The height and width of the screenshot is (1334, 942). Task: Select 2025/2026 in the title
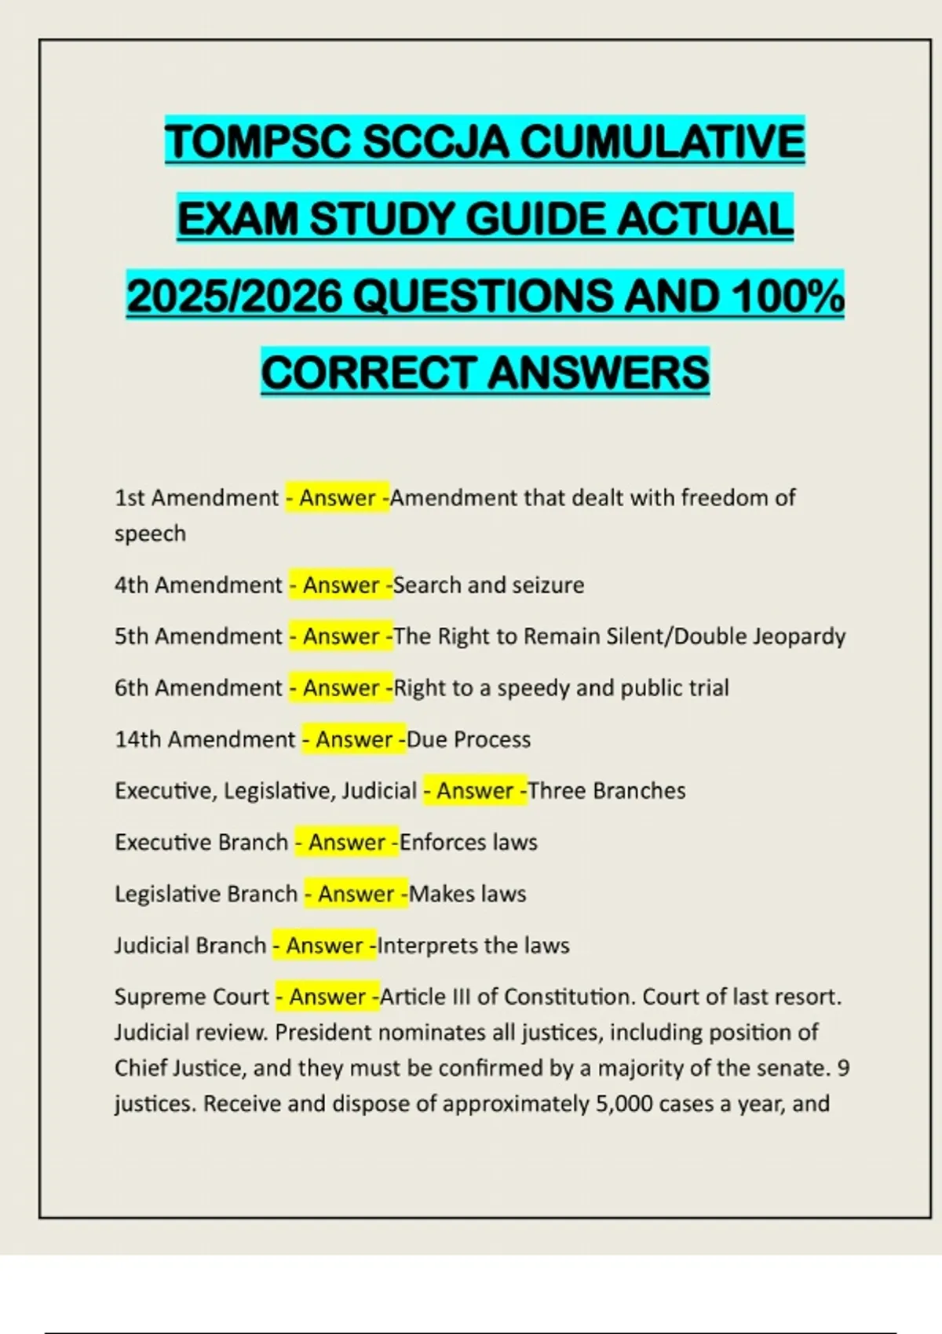point(235,296)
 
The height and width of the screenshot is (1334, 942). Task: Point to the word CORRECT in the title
point(369,372)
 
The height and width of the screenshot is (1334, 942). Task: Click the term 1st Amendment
point(196,498)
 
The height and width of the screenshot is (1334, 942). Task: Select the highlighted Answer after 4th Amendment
point(341,585)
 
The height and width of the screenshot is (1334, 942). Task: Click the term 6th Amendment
point(198,687)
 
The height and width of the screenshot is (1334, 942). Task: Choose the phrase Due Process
point(469,739)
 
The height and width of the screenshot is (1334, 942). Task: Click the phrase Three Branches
point(607,790)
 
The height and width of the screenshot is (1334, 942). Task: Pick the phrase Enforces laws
point(469,842)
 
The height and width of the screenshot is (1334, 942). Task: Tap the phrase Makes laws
point(468,894)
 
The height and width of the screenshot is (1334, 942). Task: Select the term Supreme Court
point(192,997)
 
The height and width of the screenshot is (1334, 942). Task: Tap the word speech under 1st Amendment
point(150,534)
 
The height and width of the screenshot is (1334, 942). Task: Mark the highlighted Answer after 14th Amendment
point(354,739)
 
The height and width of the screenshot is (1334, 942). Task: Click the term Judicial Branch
point(190,945)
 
